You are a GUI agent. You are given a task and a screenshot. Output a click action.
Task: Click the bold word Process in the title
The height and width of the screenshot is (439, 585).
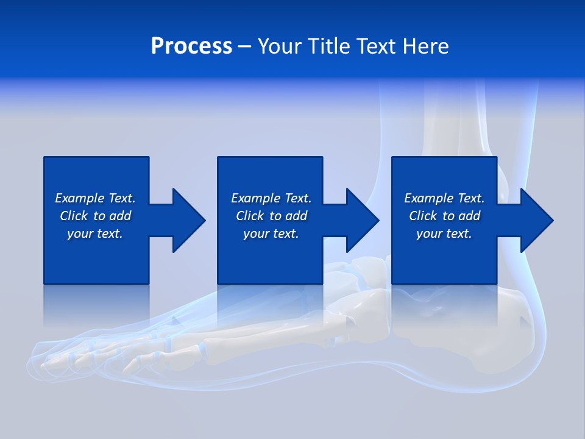[191, 46]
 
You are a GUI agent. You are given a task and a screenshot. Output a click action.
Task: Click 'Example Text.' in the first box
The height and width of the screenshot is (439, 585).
[95, 198]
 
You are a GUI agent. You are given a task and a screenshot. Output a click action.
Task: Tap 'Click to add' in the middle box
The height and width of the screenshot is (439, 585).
[271, 216]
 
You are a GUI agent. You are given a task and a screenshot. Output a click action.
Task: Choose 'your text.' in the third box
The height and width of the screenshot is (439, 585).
[444, 234]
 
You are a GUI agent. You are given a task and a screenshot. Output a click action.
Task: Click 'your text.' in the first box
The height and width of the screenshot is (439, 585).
[95, 234]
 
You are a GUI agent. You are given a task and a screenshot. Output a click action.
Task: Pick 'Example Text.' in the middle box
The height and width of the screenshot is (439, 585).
[271, 198]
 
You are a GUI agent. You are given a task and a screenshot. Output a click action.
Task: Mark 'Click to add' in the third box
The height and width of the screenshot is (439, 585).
[444, 216]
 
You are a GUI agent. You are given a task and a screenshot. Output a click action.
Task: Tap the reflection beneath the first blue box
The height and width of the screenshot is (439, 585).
[96, 305]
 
